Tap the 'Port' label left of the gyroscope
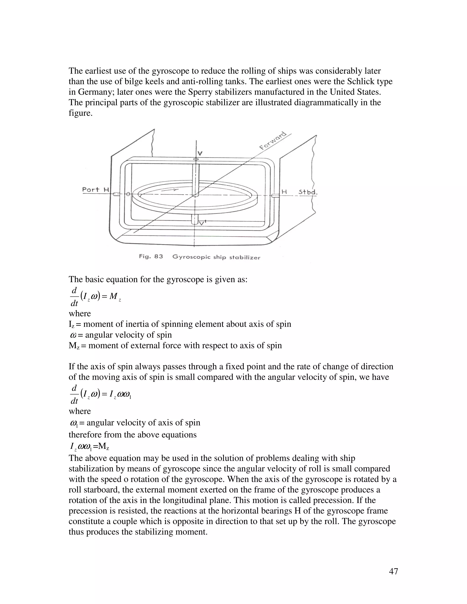pos(91,189)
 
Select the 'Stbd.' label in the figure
pos(308,192)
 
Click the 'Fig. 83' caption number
pos(151,256)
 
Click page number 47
pos(393,571)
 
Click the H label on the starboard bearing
pos(284,191)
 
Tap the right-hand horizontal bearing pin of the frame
pos(275,196)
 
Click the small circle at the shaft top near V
pos(196,159)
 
